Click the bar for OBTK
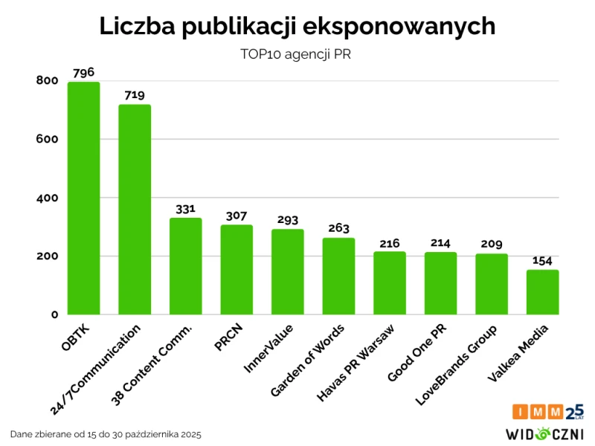click(83, 198)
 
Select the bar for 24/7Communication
click(135, 210)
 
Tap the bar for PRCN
click(237, 270)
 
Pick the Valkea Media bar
click(542, 292)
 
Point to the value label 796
click(83, 72)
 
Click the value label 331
click(185, 209)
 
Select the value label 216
click(389, 242)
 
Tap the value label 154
click(542, 261)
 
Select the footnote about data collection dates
click(106, 433)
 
